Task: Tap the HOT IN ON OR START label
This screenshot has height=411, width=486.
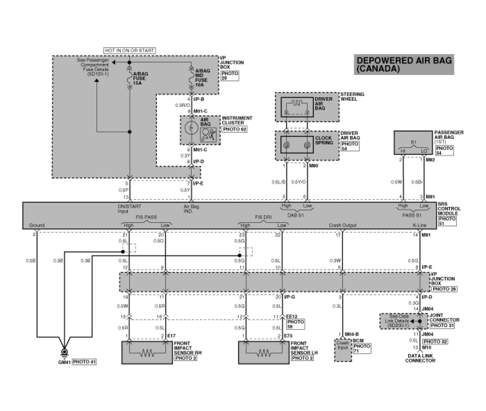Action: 130,50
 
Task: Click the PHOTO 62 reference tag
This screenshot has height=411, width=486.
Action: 235,129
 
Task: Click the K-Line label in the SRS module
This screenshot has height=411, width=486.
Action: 419,225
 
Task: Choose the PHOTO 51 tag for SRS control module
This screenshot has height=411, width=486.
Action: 447,220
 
